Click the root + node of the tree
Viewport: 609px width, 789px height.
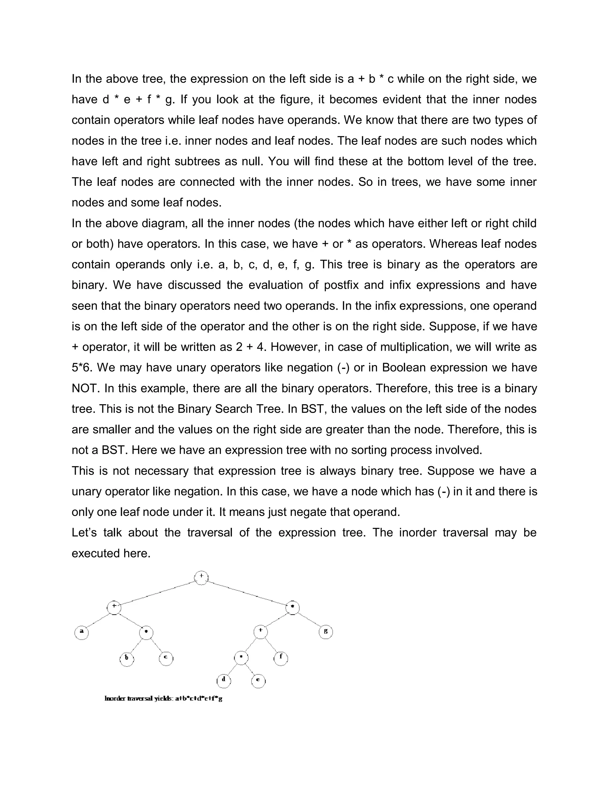click(x=201, y=577)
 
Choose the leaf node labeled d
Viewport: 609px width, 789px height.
click(x=224, y=681)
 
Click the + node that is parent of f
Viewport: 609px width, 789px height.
click(x=260, y=632)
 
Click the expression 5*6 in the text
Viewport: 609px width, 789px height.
click(x=82, y=368)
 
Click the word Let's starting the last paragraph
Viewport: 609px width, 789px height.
click(x=84, y=533)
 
